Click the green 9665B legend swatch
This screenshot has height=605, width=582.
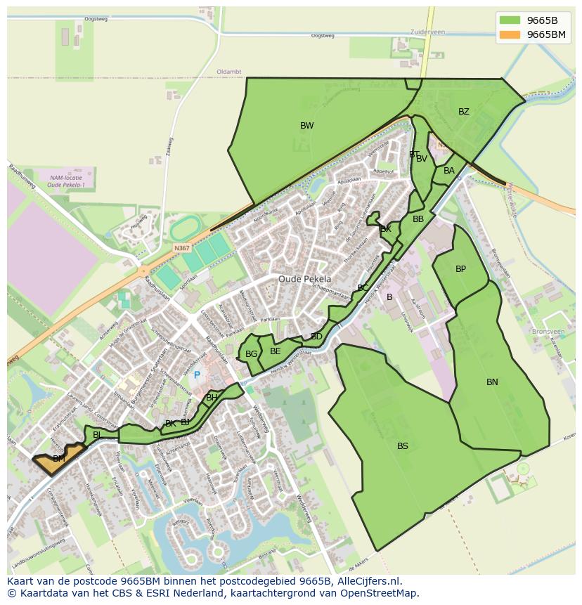tap(510, 20)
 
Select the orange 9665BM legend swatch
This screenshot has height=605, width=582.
tap(510, 34)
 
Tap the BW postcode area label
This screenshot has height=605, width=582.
tap(306, 126)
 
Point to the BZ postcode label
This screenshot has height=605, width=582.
tap(463, 112)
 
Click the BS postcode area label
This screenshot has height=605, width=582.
tap(402, 446)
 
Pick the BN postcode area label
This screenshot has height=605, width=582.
tap(492, 382)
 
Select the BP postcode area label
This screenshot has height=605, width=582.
tap(460, 269)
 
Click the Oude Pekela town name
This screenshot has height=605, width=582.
tap(304, 279)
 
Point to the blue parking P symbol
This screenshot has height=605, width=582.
tap(197, 375)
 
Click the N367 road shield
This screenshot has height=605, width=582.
tap(181, 248)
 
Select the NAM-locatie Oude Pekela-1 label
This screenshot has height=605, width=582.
tap(66, 181)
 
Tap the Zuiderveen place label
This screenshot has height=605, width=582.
tap(428, 32)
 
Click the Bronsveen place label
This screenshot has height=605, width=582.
tap(548, 331)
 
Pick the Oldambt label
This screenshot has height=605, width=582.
tap(228, 72)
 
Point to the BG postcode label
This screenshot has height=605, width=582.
tap(251, 354)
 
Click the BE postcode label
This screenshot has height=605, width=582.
tap(275, 351)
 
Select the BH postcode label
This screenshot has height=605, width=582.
tap(212, 398)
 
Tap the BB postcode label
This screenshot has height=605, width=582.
tap(418, 219)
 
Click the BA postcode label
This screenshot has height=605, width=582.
tap(449, 171)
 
